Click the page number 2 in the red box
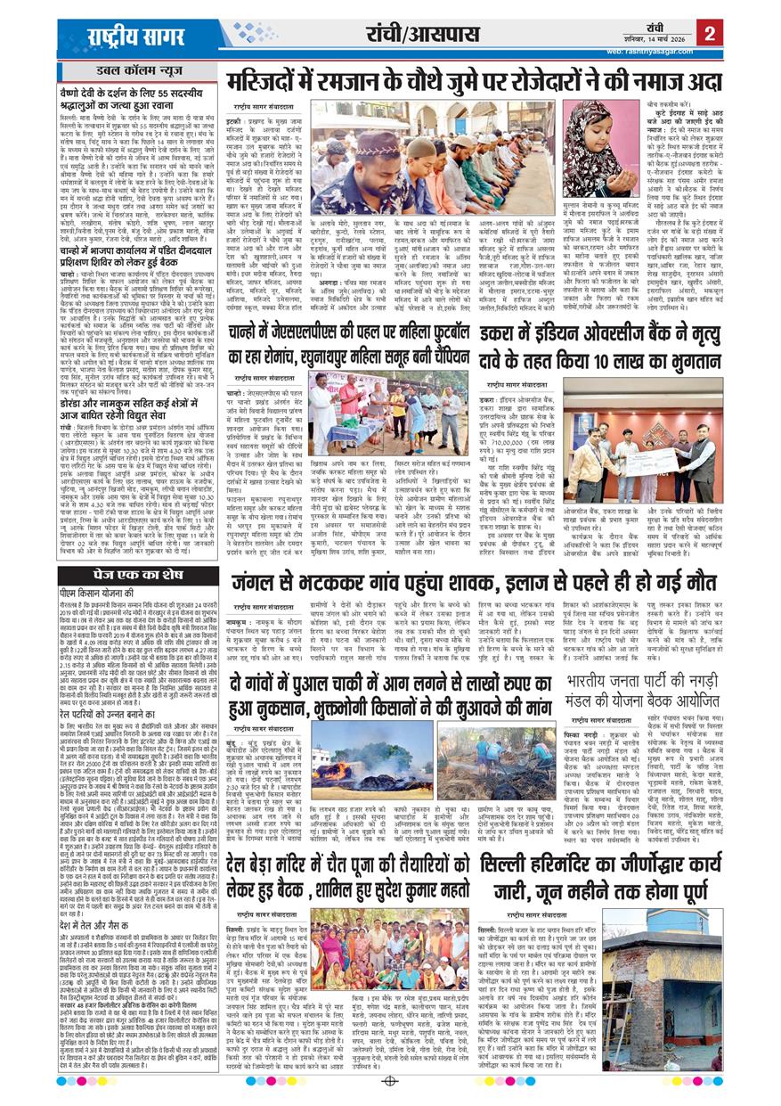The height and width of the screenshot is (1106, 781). [x=709, y=34]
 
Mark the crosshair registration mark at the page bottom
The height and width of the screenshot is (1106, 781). [x=388, y=1081]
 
